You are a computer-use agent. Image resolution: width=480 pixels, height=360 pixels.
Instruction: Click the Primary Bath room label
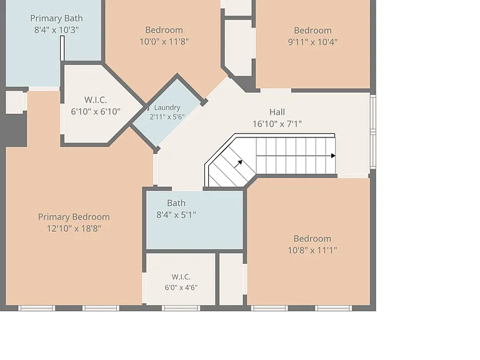[56, 18]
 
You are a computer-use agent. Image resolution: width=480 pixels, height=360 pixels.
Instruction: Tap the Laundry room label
[167, 107]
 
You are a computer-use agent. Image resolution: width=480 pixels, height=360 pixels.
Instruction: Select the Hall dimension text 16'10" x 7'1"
[277, 124]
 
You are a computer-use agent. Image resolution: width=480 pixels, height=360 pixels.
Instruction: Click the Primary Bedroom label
[74, 217]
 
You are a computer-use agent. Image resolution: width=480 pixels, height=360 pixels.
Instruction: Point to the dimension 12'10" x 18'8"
[74, 228]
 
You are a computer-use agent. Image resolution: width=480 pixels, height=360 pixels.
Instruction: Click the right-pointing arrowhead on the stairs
[333, 156]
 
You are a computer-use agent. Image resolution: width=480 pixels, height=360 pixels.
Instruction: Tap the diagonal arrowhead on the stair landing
[241, 162]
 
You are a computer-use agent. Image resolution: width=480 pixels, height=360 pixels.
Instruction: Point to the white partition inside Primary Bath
[62, 48]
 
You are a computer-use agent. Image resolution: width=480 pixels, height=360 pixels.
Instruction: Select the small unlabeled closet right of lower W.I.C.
[231, 279]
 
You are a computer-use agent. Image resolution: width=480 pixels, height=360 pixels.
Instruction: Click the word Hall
[277, 112]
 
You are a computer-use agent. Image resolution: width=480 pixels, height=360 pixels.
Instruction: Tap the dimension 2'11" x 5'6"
[167, 117]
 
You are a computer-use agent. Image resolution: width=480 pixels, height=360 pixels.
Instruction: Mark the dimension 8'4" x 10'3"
[56, 30]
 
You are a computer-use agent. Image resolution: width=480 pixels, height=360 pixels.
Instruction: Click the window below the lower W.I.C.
[181, 308]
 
